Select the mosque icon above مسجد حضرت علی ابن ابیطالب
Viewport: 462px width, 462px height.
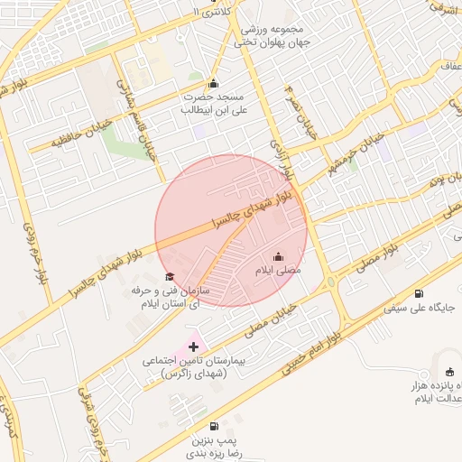213,84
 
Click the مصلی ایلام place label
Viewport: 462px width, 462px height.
277,270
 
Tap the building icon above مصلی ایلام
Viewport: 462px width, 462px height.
277,256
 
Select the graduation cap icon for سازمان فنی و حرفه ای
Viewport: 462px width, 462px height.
169,276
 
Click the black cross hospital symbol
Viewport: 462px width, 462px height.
193,346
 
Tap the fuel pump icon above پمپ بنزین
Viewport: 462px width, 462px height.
213,426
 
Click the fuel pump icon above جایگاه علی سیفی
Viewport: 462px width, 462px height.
419,293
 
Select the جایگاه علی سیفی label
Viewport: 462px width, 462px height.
419,308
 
